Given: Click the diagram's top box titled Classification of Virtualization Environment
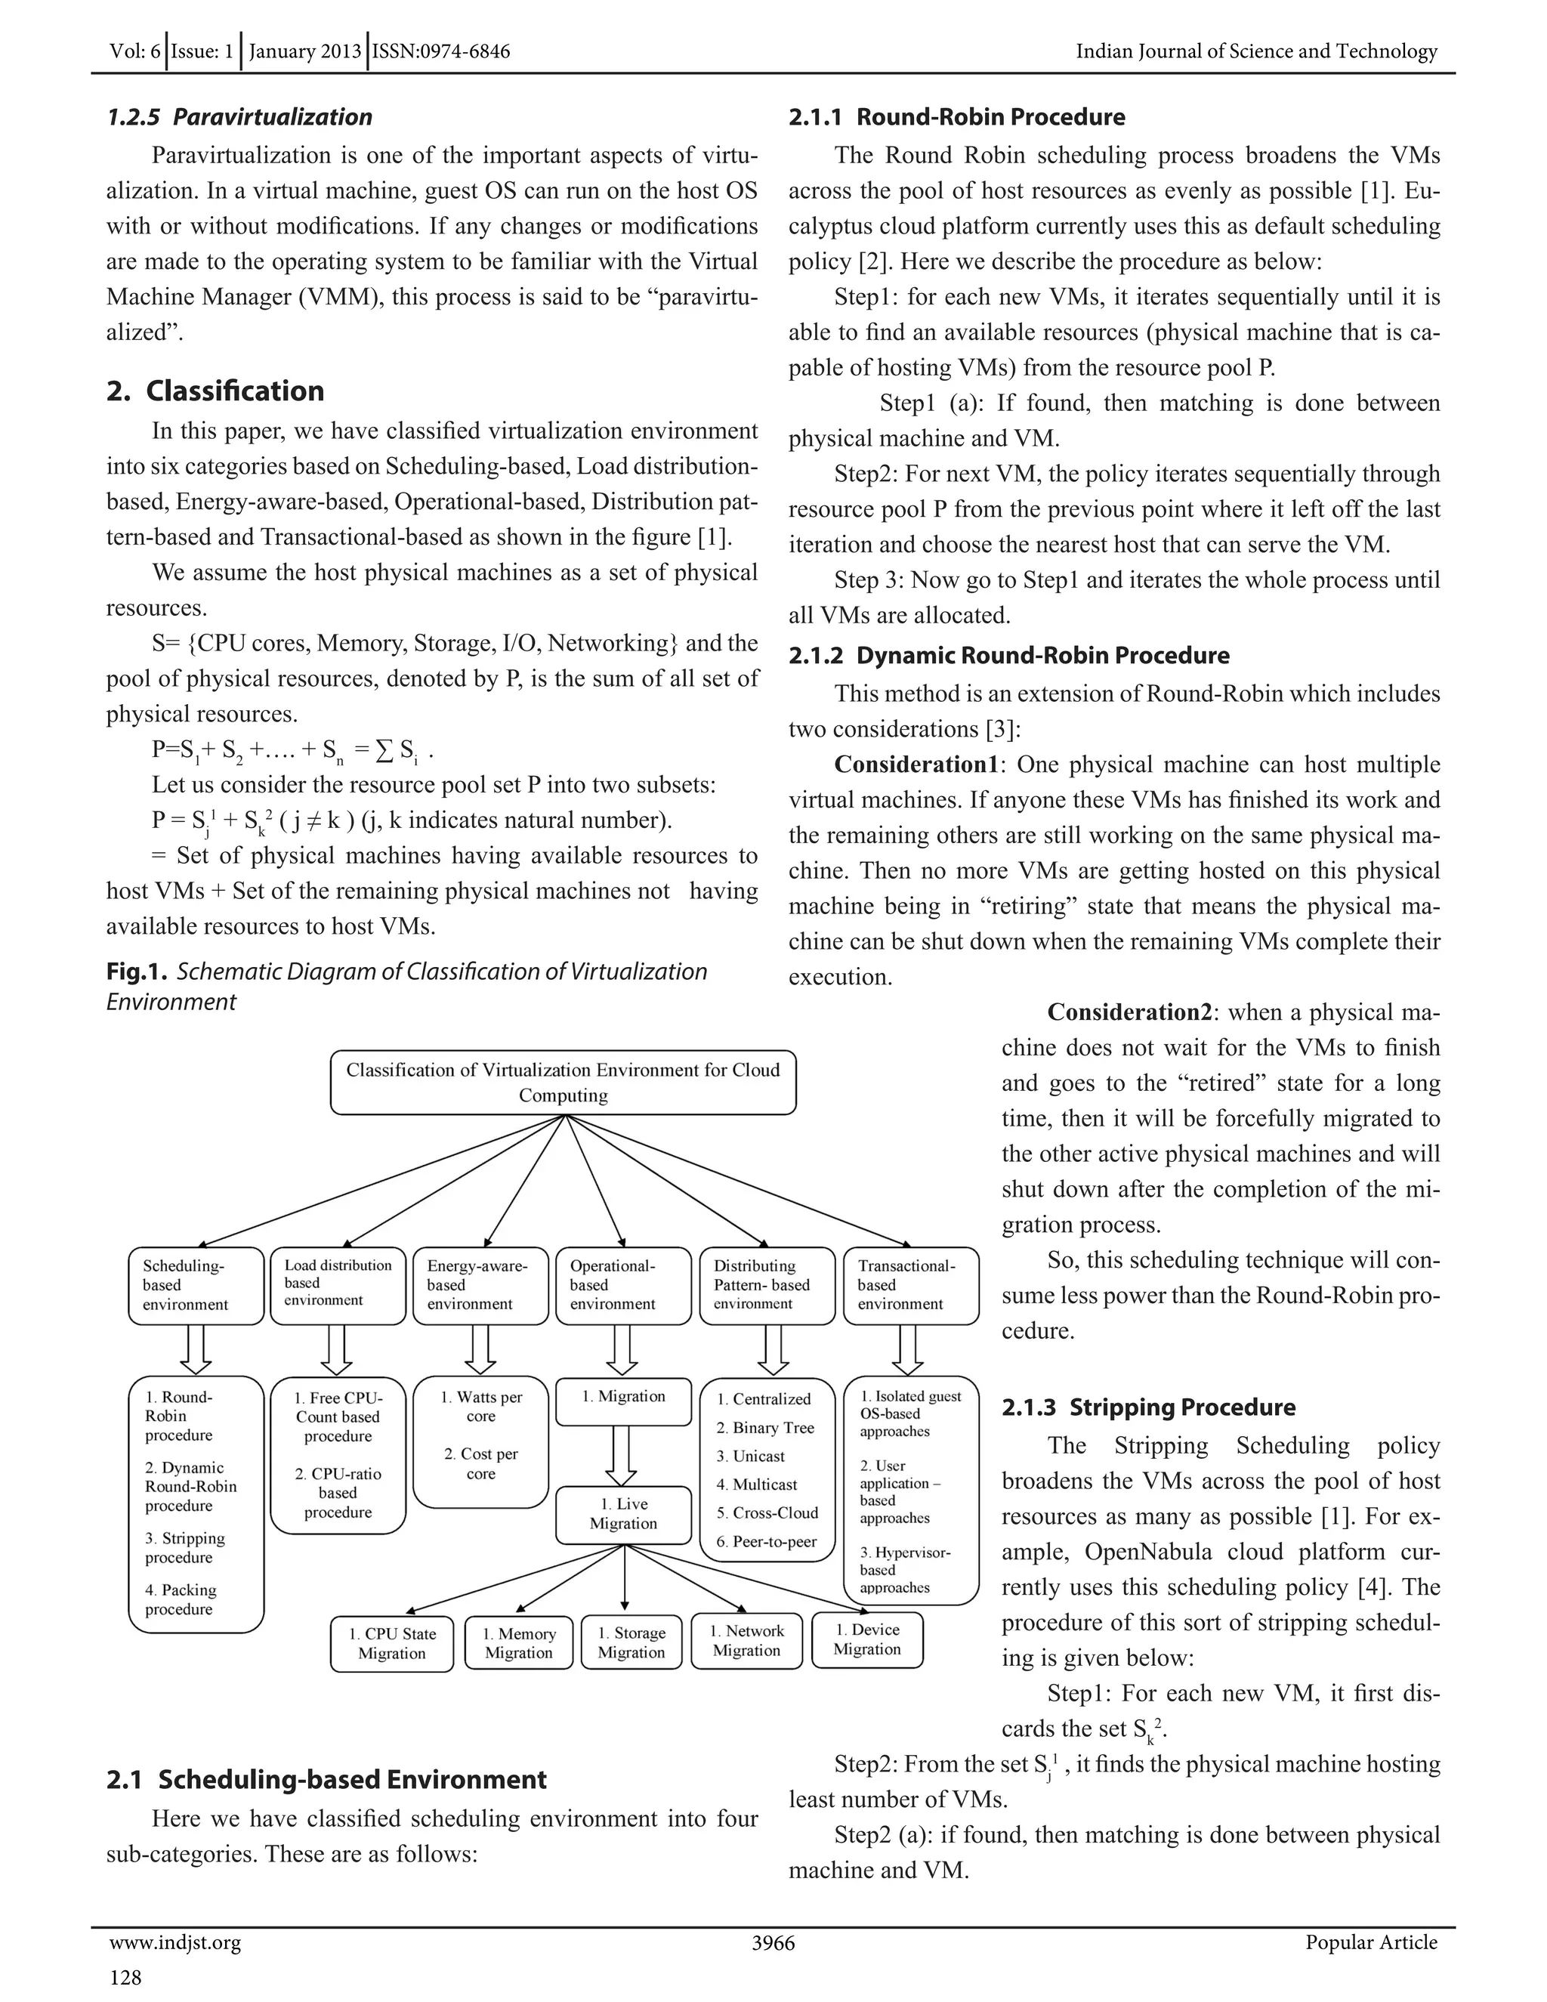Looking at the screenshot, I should tap(563, 1082).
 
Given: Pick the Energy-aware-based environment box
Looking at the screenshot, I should tap(480, 1285).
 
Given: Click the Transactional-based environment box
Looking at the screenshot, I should tap(911, 1285).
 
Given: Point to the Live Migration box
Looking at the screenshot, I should tap(623, 1513).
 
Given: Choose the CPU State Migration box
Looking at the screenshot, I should tap(391, 1644).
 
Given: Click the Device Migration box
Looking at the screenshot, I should tap(867, 1639).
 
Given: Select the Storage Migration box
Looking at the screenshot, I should tap(631, 1642).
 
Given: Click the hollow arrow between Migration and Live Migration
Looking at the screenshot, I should tap(623, 1456).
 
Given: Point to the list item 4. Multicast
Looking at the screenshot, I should tap(757, 1484).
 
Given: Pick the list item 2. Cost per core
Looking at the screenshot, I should tap(481, 1464).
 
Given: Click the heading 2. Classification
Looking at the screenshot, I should tap(215, 391).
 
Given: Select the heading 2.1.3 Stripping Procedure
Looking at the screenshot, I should tap(1148, 1407).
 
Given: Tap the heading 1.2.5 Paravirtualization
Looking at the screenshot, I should tap(239, 116).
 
